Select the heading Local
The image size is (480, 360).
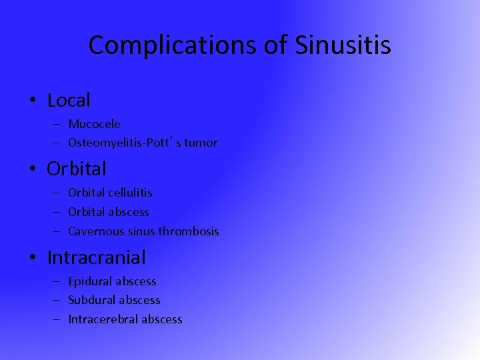(69, 101)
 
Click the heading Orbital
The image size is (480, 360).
(76, 169)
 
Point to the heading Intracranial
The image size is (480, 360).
(96, 257)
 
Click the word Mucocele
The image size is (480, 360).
(94, 124)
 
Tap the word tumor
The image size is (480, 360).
(201, 143)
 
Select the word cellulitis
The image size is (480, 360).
(130, 193)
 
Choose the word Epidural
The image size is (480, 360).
(89, 281)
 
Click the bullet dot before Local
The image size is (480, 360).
(33, 101)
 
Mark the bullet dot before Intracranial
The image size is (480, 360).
(33, 257)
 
